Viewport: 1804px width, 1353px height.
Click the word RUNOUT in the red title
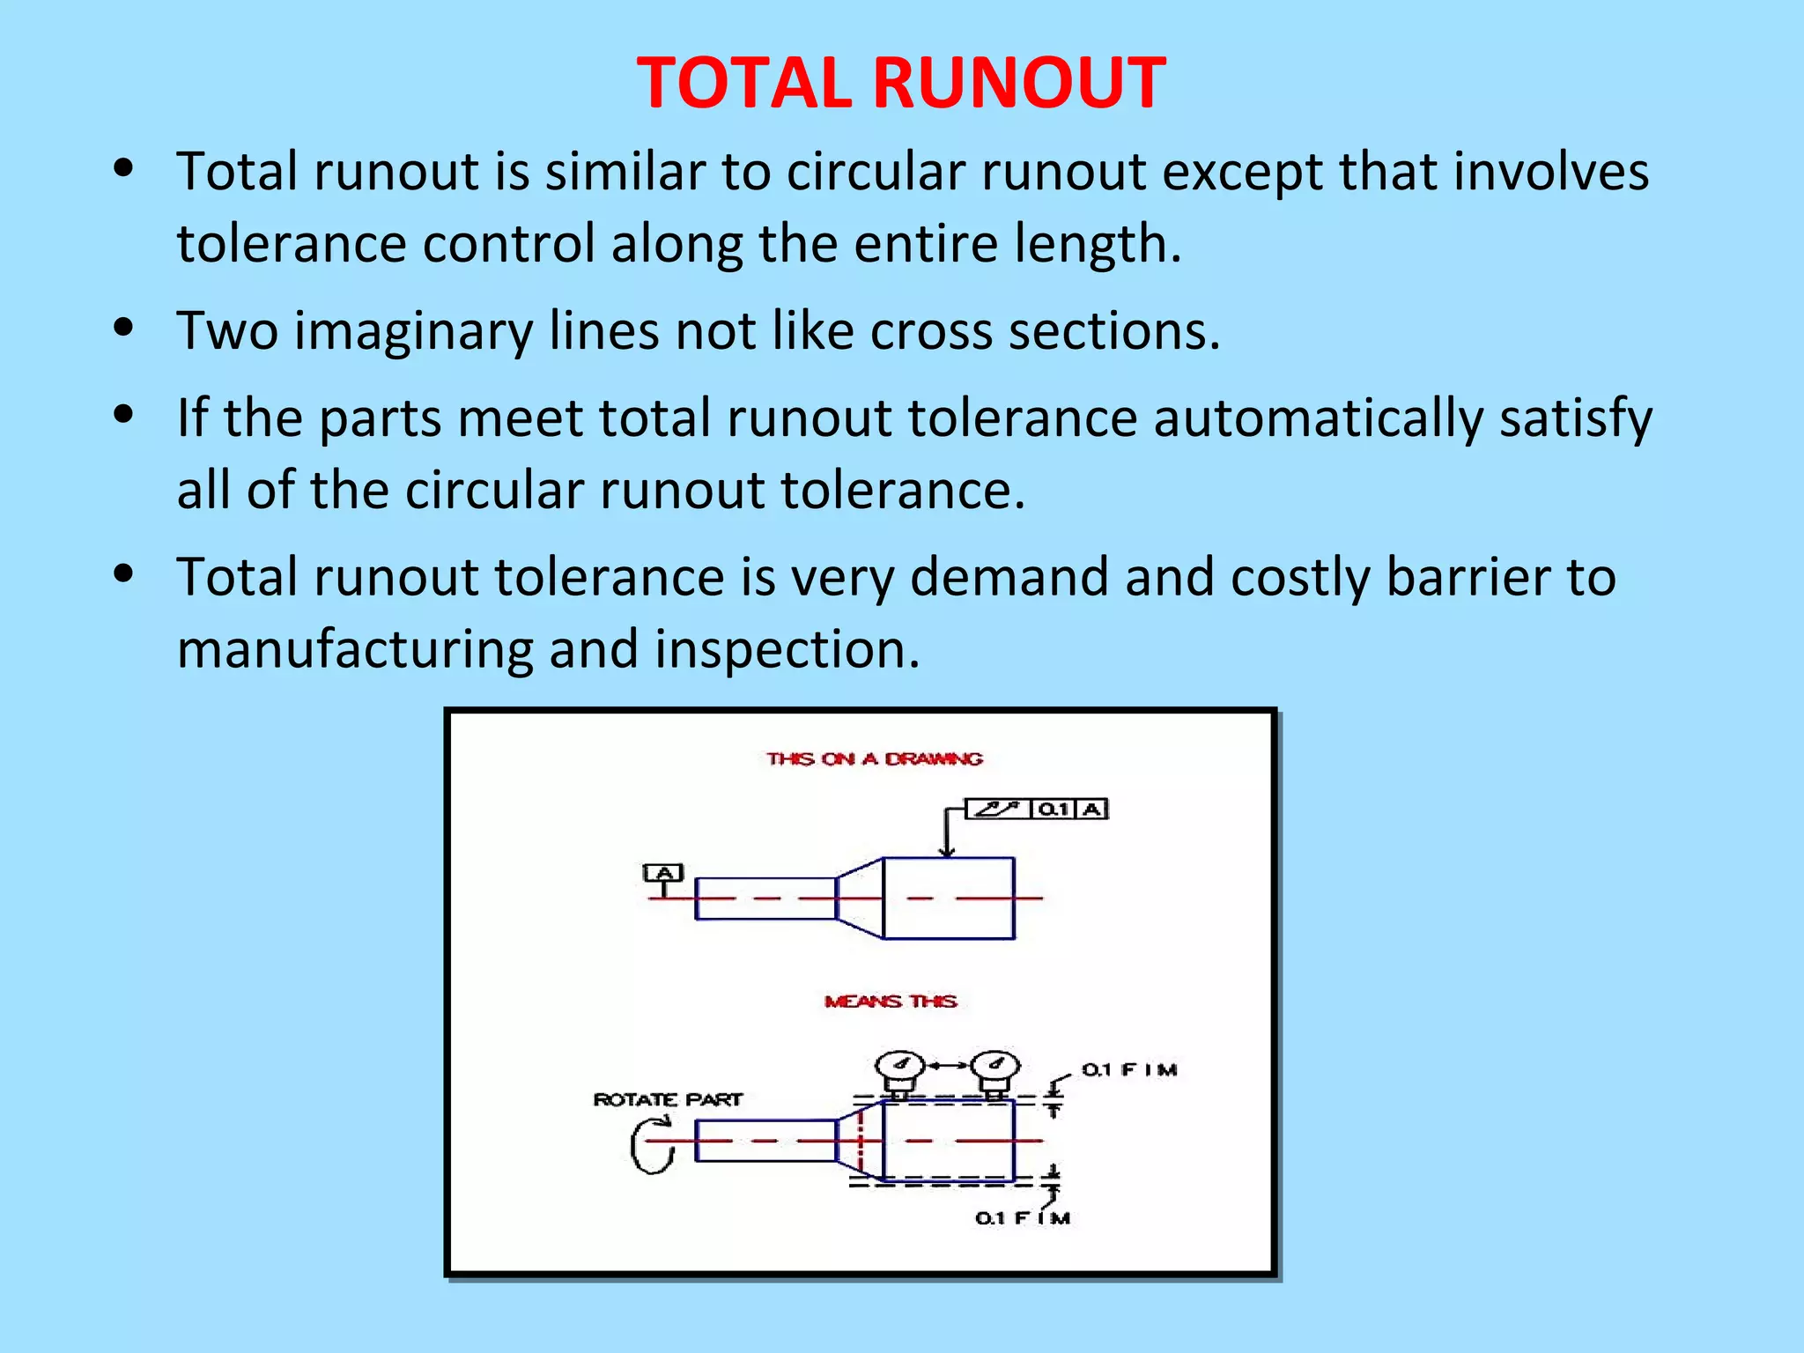click(x=1019, y=84)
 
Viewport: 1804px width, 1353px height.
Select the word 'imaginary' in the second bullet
click(x=413, y=331)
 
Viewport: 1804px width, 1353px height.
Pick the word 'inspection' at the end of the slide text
click(x=787, y=650)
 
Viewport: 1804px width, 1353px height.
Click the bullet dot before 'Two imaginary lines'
click(x=124, y=328)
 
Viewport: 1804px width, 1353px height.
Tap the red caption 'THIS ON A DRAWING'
click(x=874, y=758)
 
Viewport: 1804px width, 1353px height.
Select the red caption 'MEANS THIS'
click(x=891, y=1002)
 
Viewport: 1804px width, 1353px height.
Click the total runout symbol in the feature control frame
click(x=998, y=809)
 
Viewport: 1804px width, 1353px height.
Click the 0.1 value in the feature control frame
click(x=1054, y=809)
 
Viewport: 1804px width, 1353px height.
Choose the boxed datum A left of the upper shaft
click(x=663, y=873)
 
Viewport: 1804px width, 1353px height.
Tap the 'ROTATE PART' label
click(x=668, y=1099)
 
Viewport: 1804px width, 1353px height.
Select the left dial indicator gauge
click(x=899, y=1068)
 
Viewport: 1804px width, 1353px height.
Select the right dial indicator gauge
click(x=995, y=1068)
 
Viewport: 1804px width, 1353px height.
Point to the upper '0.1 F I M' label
click(x=1129, y=1069)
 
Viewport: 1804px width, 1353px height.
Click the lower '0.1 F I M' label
click(x=1022, y=1218)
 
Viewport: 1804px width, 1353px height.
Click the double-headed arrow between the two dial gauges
click(x=947, y=1066)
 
